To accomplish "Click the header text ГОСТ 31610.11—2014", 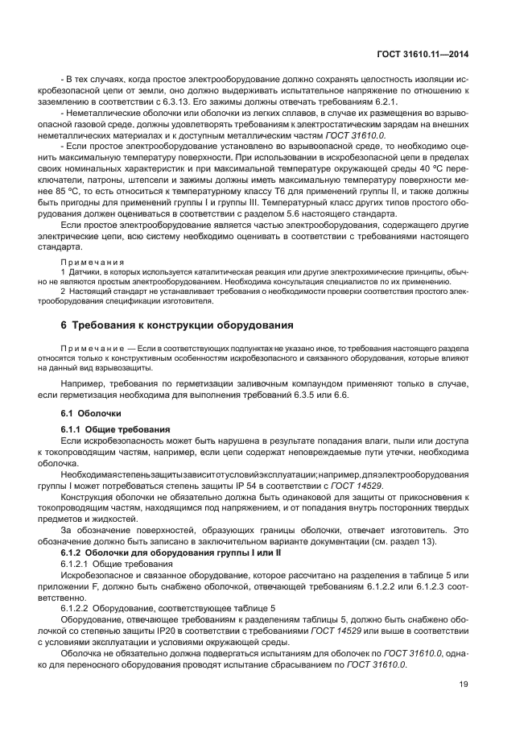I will click(x=423, y=55).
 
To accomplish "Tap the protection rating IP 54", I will click(x=252, y=486).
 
